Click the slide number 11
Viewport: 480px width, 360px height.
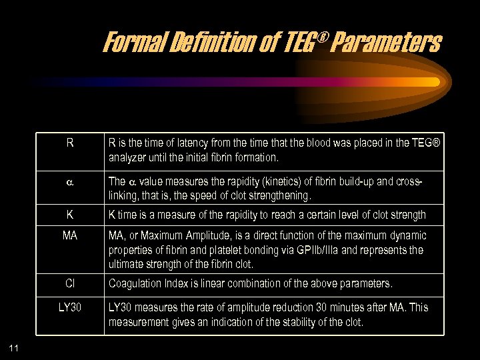pyautogui.click(x=15, y=347)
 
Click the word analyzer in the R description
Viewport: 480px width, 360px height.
pyautogui.click(x=129, y=158)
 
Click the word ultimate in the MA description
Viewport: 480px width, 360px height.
pyautogui.click(x=125, y=265)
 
